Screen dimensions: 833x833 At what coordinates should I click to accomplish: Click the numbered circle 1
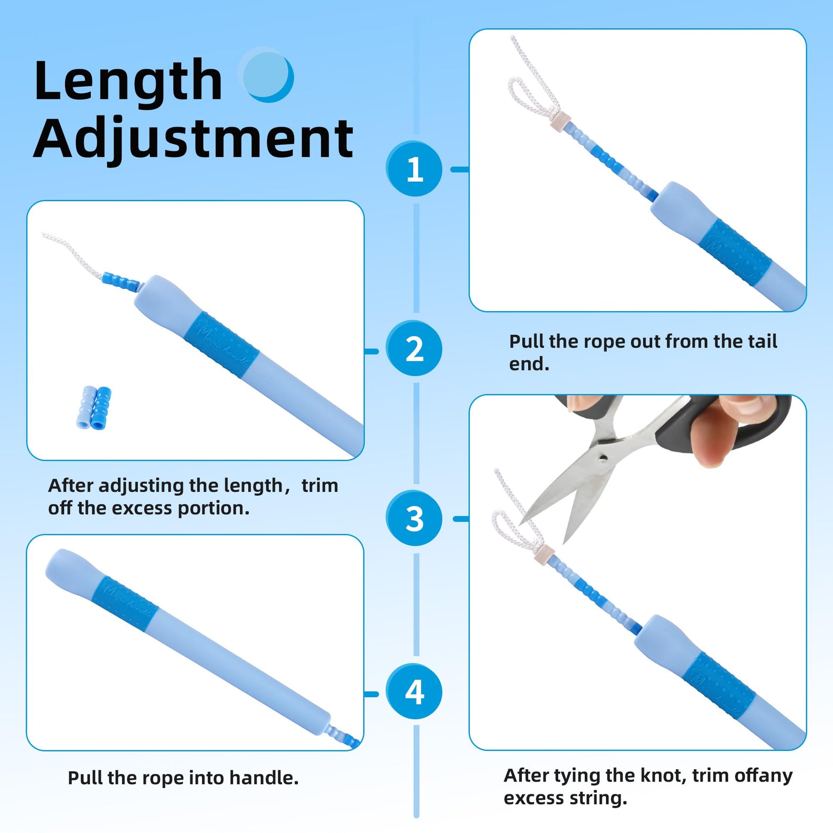414,169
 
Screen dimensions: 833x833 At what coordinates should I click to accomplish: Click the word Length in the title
128,82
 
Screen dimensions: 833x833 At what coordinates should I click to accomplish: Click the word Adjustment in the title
193,139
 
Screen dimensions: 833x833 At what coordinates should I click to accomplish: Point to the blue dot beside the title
267,75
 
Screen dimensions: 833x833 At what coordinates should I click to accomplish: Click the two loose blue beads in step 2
94,408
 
